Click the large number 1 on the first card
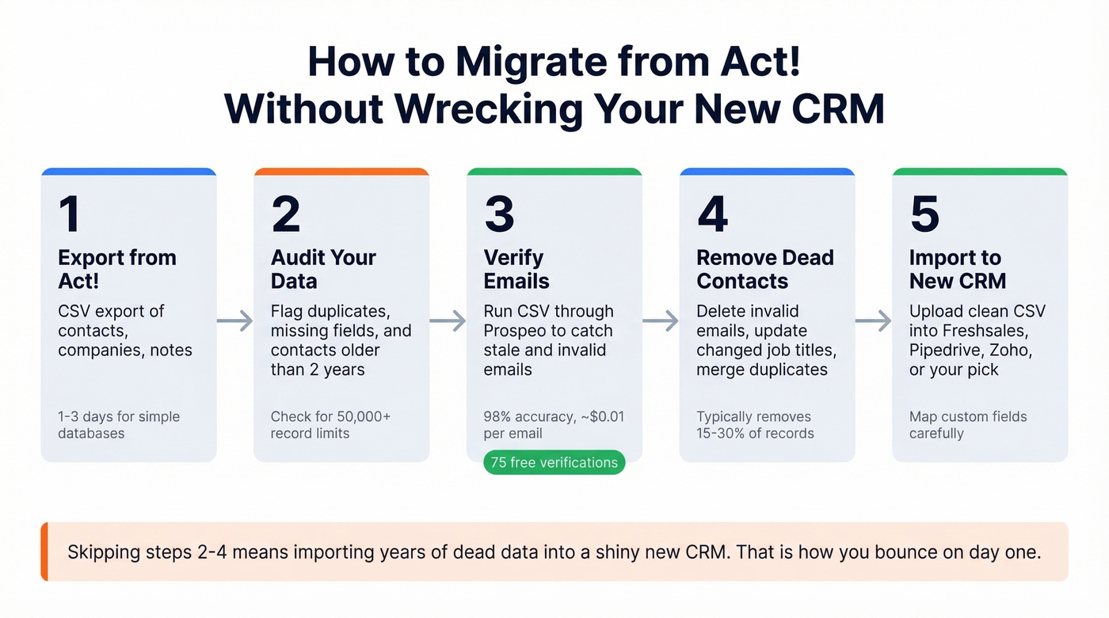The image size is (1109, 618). coord(70,214)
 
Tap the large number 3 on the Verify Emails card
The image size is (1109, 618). coord(499,214)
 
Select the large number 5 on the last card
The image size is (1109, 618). coord(924,214)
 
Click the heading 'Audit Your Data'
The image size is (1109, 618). coord(323,269)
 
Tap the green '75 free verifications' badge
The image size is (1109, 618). coord(554,463)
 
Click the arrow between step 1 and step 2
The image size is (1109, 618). coord(235,320)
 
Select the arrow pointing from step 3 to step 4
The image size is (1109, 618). coord(661,320)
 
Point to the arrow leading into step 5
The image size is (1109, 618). coord(874,320)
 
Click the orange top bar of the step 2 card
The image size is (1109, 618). coord(341,171)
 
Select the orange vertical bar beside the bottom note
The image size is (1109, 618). coord(44,552)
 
